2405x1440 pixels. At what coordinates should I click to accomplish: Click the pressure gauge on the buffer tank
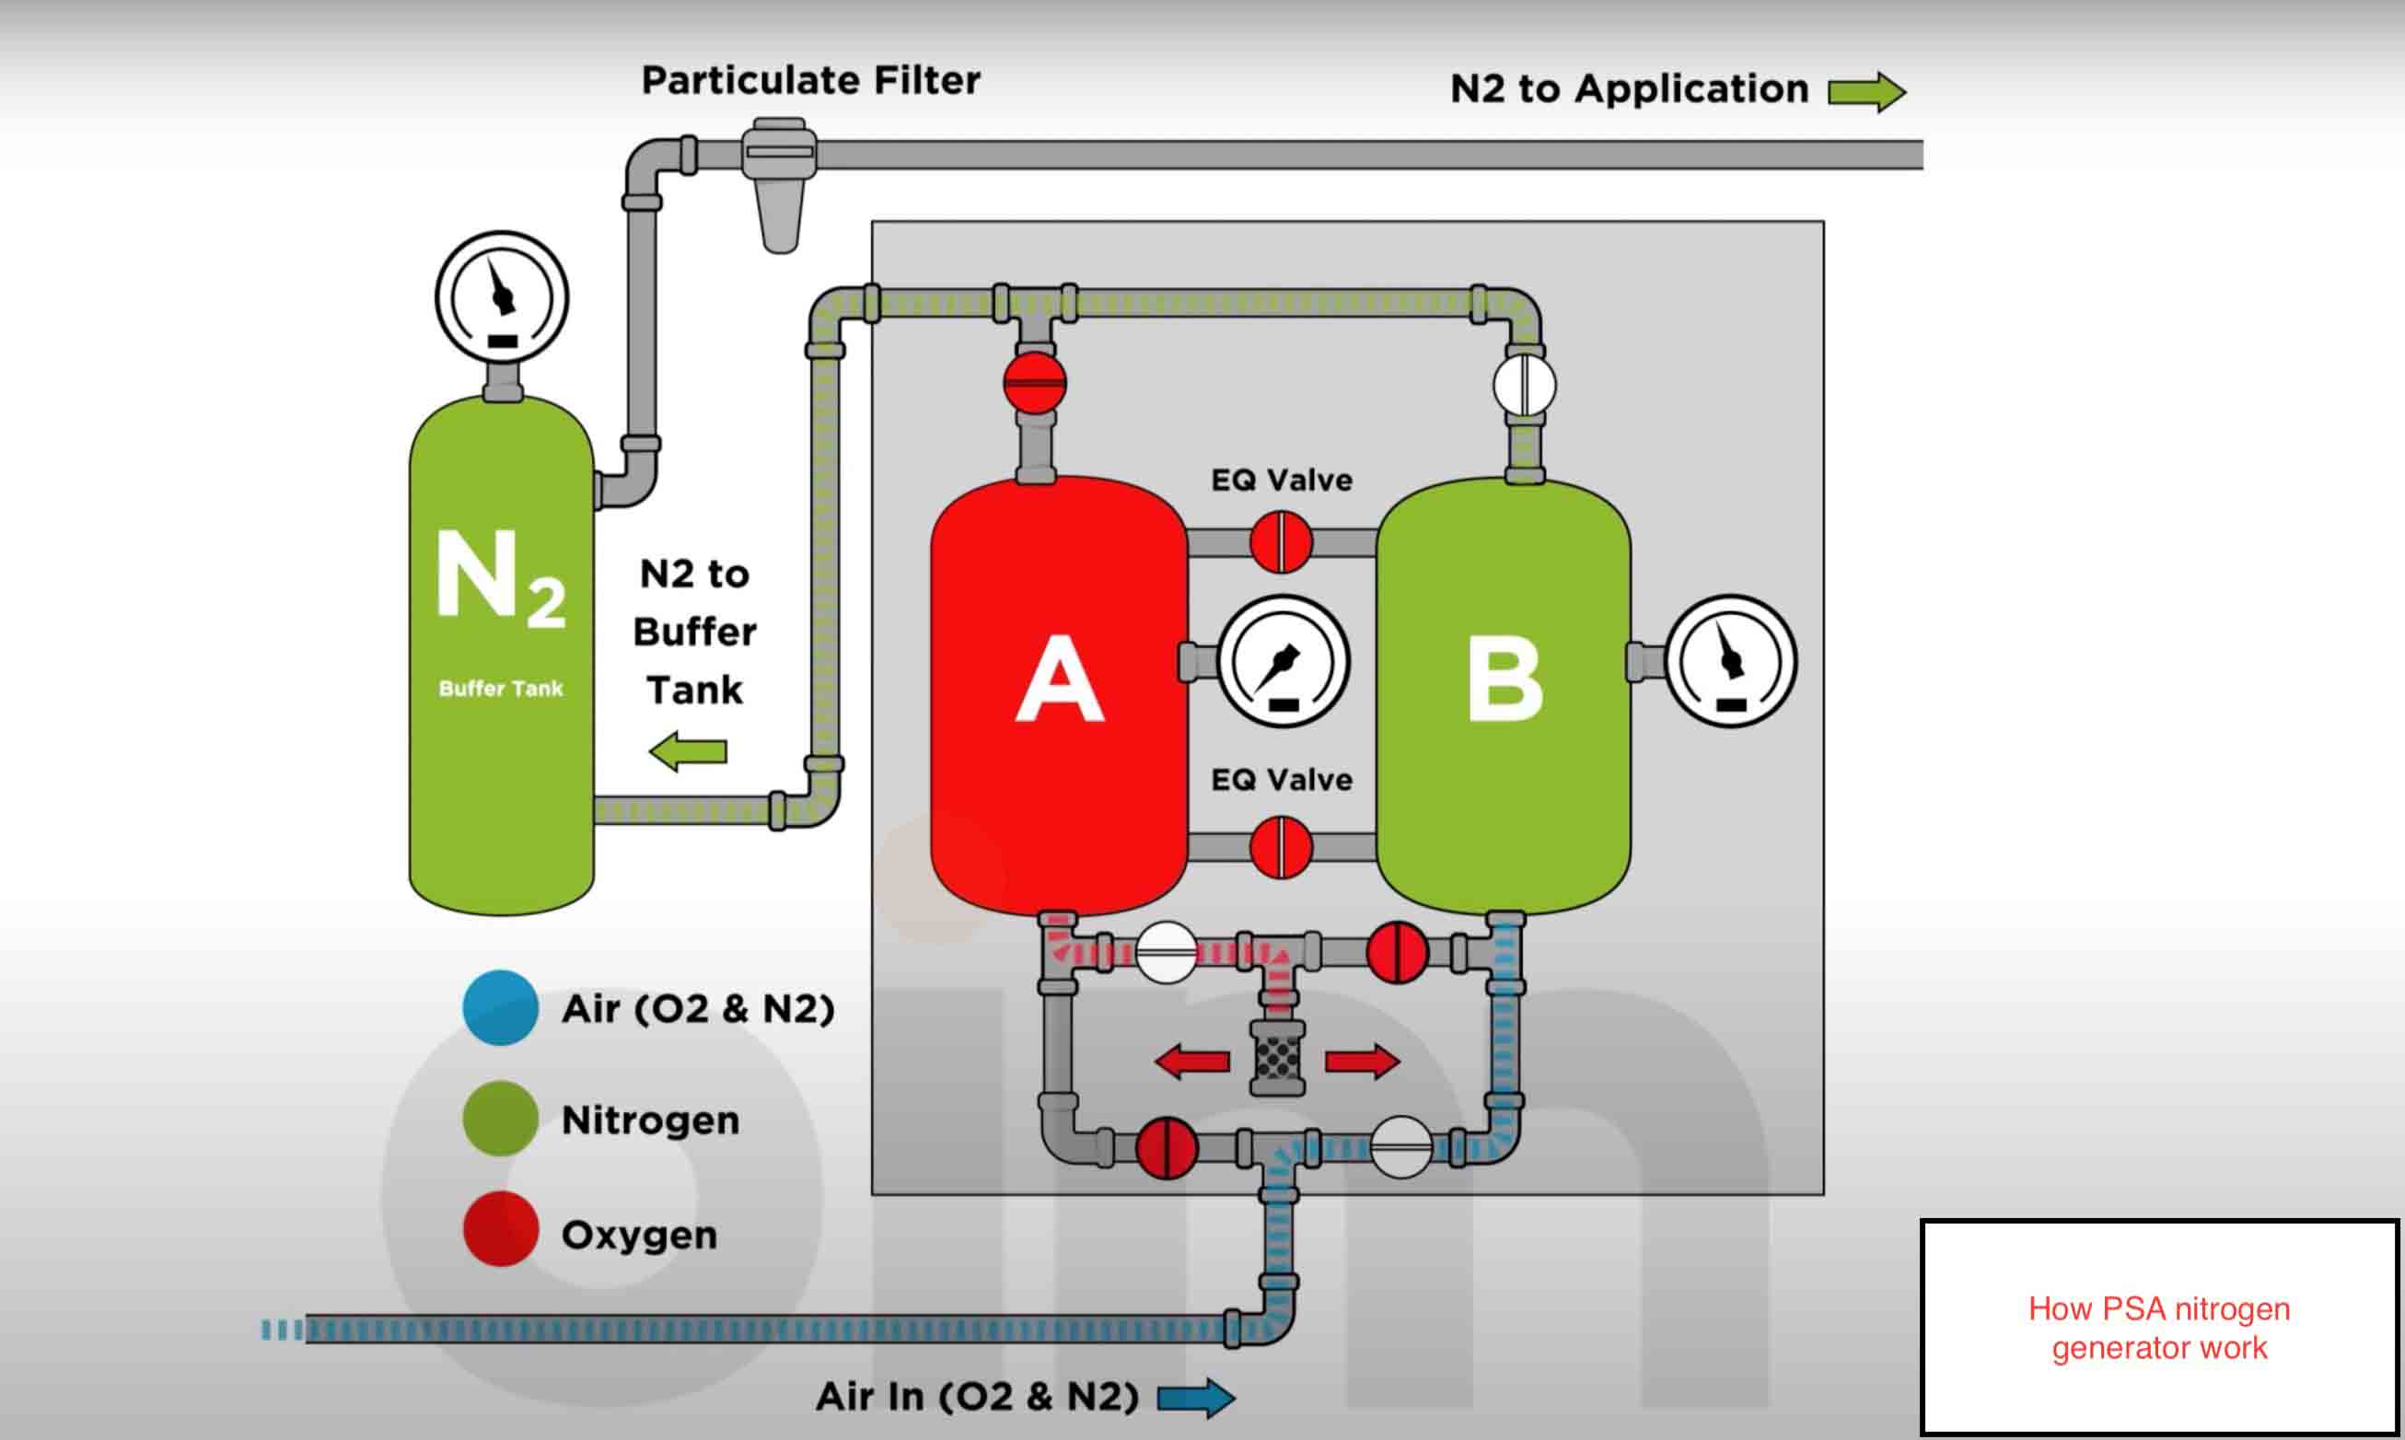coord(502,296)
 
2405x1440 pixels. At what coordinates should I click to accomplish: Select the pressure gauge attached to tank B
coord(1731,662)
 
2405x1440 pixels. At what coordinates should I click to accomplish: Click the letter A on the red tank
coord(1060,679)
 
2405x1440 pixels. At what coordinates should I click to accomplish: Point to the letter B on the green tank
coord(1505,679)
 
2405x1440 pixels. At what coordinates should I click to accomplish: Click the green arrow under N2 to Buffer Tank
coord(688,752)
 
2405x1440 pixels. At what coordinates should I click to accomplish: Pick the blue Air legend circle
coord(501,1008)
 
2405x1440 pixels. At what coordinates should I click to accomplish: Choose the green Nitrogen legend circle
coord(501,1119)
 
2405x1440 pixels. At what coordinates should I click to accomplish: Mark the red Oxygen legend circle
coord(501,1228)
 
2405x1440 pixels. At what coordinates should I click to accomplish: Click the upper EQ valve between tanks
coord(1282,541)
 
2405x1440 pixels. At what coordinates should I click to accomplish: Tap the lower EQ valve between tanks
coord(1282,847)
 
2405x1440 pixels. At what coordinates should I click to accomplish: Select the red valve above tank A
coord(1035,382)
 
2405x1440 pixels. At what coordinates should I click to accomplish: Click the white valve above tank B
coord(1524,384)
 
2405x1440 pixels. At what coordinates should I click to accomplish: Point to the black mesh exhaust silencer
coord(1278,1059)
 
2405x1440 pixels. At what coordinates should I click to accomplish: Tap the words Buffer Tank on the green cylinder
coord(501,688)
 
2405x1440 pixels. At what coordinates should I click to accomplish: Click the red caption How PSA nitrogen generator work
coord(2159,1328)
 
